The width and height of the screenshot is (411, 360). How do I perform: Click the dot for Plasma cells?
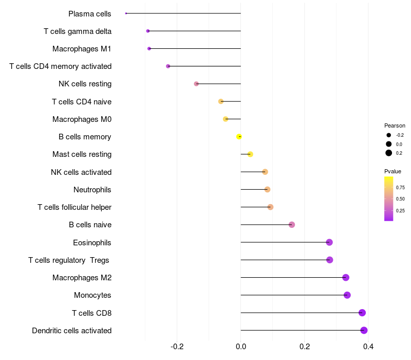click(126, 13)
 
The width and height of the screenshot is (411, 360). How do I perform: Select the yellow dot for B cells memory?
click(239, 137)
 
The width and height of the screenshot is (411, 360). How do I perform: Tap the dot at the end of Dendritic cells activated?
click(364, 330)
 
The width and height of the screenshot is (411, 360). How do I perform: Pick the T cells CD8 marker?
click(362, 313)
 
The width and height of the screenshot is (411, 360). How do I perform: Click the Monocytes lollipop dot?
click(347, 295)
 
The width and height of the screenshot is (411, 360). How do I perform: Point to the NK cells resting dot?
click(196, 84)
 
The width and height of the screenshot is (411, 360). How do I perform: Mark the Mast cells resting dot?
click(250, 154)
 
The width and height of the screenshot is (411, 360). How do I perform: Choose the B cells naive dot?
click(292, 225)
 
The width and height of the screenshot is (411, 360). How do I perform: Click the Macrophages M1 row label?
click(82, 49)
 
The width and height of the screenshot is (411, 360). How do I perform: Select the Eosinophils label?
click(92, 243)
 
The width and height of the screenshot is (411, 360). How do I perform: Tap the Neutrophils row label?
click(92, 190)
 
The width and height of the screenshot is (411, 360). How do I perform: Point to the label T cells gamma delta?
click(78, 31)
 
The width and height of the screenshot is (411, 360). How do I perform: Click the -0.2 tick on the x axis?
click(177, 347)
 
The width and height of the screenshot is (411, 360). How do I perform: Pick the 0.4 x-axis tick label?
click(368, 347)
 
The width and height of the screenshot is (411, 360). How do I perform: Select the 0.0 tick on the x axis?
click(241, 347)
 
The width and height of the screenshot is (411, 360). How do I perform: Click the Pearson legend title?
click(395, 125)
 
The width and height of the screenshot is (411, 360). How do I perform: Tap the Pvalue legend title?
click(393, 171)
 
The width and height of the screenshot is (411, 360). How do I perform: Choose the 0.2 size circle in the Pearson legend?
click(389, 153)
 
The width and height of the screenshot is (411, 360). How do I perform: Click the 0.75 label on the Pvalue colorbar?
click(400, 188)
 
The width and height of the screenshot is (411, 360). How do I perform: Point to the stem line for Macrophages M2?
click(293, 277)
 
